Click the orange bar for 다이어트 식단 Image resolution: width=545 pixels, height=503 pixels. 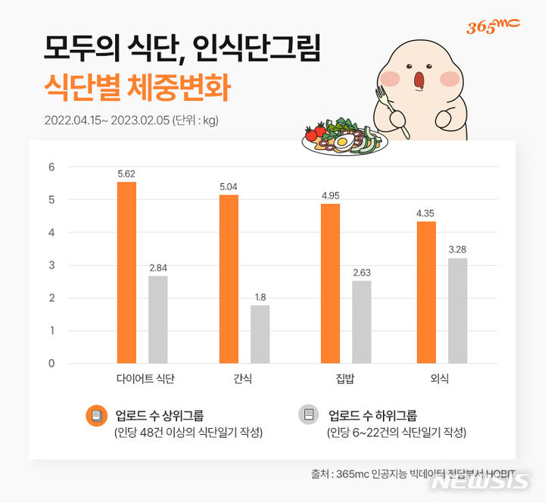point(126,273)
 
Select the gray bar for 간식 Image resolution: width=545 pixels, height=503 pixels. point(260,334)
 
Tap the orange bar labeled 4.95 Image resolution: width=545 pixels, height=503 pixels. point(330,283)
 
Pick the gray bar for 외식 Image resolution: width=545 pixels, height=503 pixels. point(457,311)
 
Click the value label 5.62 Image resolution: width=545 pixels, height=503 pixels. point(126,173)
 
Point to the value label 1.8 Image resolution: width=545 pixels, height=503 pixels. point(260,296)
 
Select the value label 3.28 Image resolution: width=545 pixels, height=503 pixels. point(457,249)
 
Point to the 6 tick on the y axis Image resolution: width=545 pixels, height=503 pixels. point(51,167)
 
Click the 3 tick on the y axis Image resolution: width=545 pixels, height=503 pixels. point(51,265)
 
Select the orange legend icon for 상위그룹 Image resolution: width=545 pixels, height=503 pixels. point(95,416)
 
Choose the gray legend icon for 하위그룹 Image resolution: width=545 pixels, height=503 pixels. point(308,416)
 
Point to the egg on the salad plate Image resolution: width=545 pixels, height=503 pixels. point(343,141)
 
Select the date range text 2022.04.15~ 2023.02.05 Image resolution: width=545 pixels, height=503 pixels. point(107,120)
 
